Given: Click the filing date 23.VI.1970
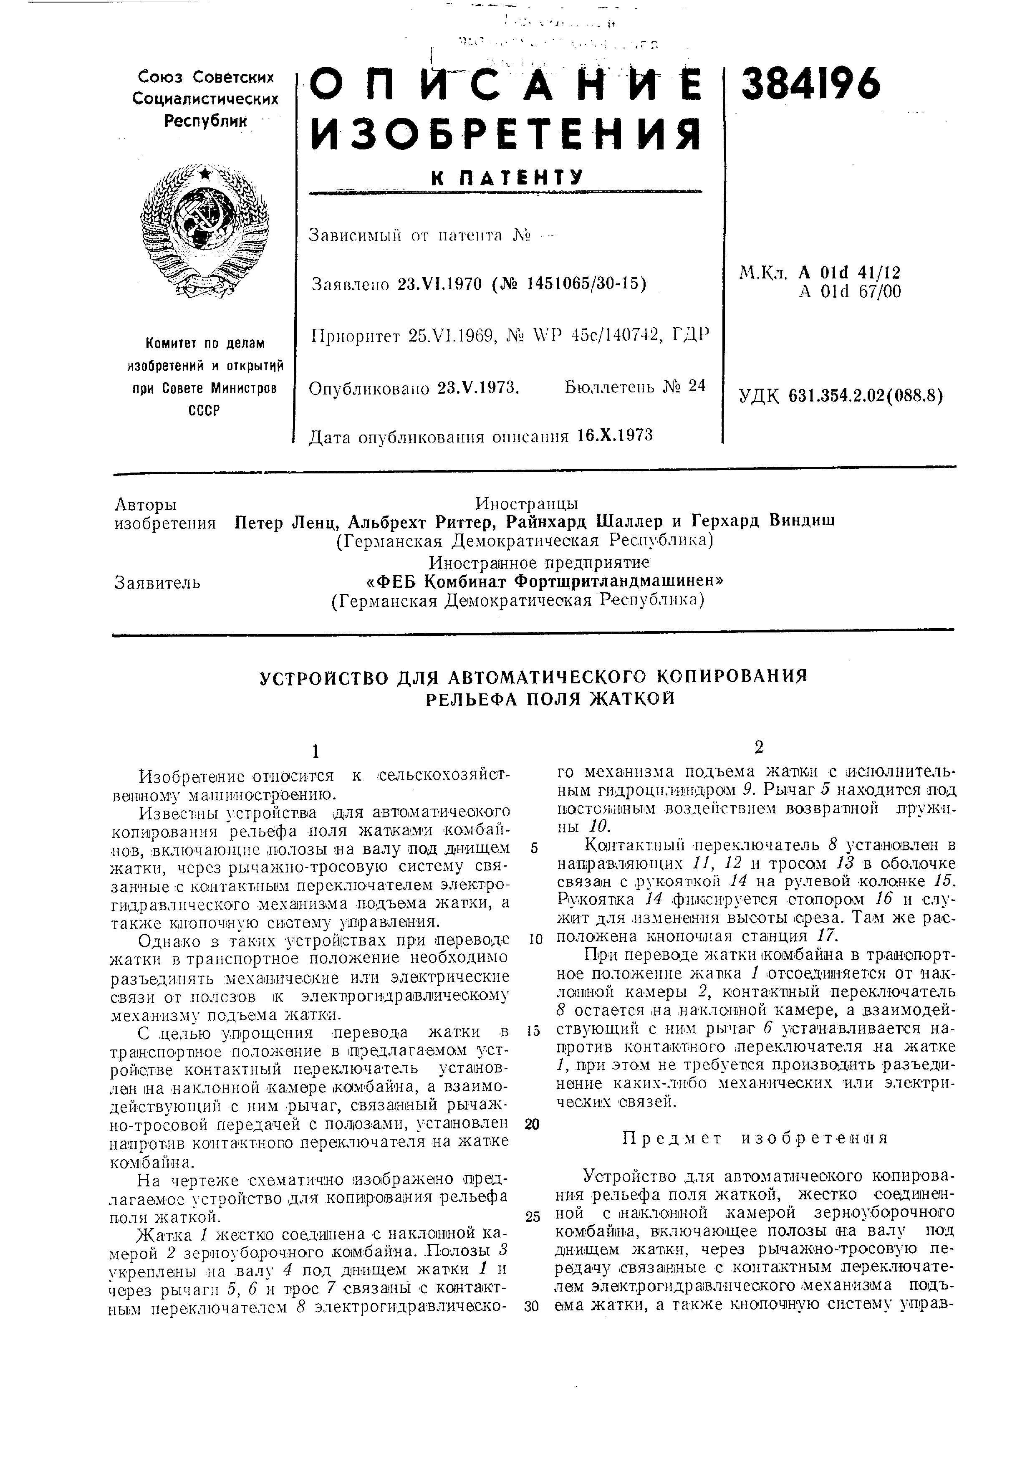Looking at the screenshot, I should pyautogui.click(x=439, y=283).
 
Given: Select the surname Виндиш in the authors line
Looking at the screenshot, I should pyautogui.click(x=803, y=520).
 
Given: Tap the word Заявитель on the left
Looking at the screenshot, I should pyautogui.click(x=157, y=582).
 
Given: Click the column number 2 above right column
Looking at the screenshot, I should pyautogui.click(x=758, y=747).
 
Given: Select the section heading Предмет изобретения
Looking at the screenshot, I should pyautogui.click(x=755, y=1138).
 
